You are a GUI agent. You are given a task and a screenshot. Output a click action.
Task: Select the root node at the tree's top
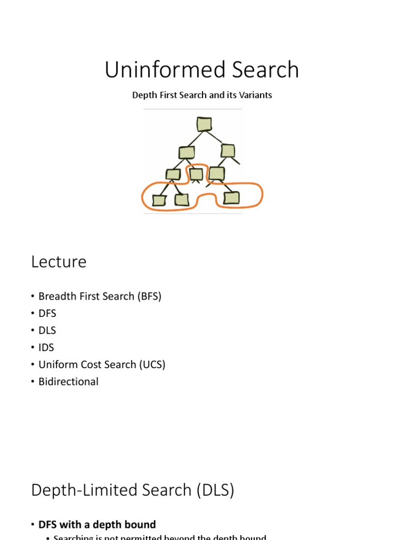pyautogui.click(x=204, y=124)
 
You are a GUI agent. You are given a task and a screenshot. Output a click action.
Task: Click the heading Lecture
pyautogui.click(x=59, y=262)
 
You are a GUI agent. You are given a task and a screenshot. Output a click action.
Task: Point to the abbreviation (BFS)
pyautogui.click(x=149, y=296)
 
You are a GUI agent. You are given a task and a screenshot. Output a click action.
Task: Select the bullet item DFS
pyautogui.click(x=47, y=313)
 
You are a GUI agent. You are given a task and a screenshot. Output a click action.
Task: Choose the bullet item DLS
pyautogui.click(x=47, y=331)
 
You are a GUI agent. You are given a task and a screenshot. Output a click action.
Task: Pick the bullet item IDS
pyautogui.click(x=46, y=348)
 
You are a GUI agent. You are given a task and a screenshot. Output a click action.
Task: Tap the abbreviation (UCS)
pyautogui.click(x=152, y=364)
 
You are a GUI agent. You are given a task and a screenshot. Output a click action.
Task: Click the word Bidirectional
pyautogui.click(x=69, y=381)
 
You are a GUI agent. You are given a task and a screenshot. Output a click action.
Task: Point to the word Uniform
pyautogui.click(x=58, y=364)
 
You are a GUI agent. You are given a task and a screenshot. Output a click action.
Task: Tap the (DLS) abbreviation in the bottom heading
pyautogui.click(x=215, y=490)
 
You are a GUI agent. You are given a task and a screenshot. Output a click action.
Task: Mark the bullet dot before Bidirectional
pyautogui.click(x=33, y=382)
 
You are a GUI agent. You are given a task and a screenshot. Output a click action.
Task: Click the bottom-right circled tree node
pyautogui.click(x=231, y=198)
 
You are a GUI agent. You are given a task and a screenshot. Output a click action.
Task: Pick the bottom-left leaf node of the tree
pyautogui.click(x=159, y=200)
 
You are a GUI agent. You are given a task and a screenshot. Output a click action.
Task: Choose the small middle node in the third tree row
pyautogui.click(x=196, y=174)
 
